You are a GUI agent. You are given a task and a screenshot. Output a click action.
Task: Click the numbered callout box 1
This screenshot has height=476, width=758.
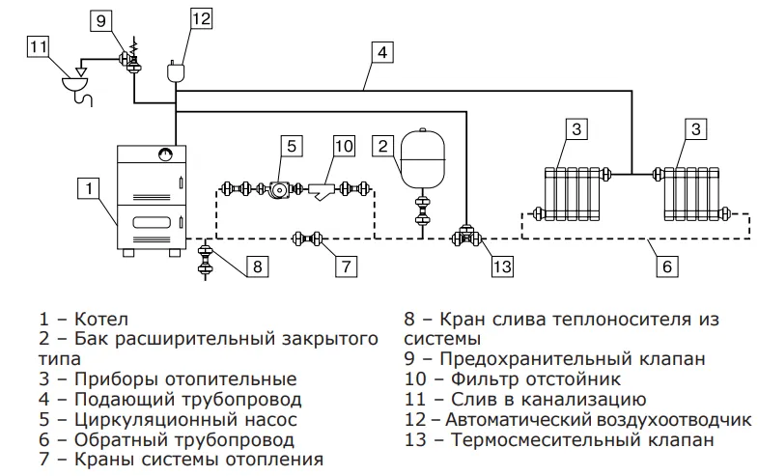[87, 186]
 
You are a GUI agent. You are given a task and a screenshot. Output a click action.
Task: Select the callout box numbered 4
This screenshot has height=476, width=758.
[383, 52]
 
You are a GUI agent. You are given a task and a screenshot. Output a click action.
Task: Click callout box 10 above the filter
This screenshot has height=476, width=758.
[345, 146]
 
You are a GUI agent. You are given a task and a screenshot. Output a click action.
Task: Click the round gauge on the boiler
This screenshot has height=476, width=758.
[165, 153]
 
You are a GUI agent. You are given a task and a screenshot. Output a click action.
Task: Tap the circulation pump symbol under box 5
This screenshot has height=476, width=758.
[280, 189]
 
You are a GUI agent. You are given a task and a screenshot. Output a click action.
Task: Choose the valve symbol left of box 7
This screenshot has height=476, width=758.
[309, 238]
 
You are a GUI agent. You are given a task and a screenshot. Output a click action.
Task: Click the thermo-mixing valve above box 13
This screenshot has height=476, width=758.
[464, 236]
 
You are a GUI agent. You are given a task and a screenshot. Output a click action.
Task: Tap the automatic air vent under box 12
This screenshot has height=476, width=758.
[176, 70]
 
